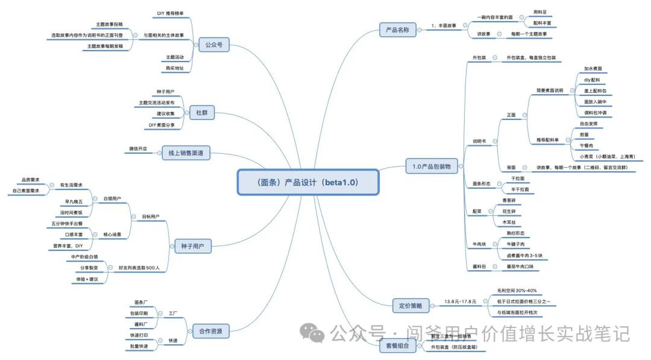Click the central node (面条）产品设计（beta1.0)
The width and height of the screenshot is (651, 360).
308,182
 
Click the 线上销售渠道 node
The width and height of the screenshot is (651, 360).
186,153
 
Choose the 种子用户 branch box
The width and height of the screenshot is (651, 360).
193,245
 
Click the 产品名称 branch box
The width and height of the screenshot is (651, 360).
398,30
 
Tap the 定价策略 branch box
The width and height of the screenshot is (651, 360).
410,306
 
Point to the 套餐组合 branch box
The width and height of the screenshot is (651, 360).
397,346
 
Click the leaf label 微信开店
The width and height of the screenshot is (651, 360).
138,148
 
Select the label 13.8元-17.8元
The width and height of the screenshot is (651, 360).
460,301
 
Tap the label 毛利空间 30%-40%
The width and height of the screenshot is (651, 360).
517,291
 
